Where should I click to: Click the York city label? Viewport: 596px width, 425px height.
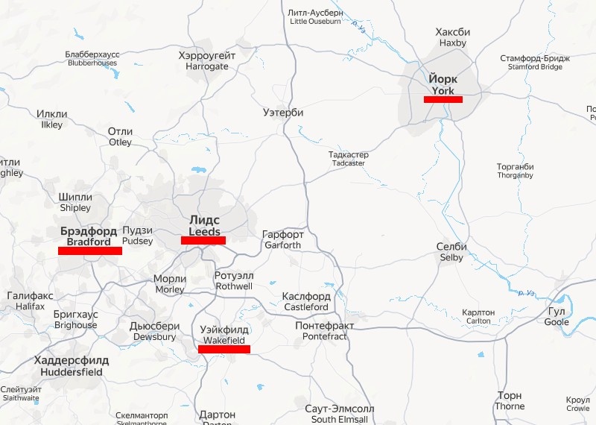[x=443, y=85]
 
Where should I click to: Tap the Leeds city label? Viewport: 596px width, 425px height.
[x=204, y=227]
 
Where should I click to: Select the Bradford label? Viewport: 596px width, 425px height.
[x=89, y=236]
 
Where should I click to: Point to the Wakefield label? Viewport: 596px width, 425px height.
[x=224, y=335]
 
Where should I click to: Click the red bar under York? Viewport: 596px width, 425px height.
[x=443, y=99]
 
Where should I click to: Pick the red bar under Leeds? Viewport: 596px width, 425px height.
[x=203, y=240]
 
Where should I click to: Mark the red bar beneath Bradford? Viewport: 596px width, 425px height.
[x=90, y=251]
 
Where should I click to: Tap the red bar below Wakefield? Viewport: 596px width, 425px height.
[x=224, y=349]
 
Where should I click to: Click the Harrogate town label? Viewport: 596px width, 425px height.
[x=207, y=61]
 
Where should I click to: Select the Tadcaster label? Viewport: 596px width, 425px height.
[x=349, y=159]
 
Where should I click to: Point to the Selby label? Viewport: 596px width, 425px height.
[x=451, y=252]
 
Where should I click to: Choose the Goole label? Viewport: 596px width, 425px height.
[x=557, y=316]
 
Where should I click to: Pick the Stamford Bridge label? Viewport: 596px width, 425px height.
[x=535, y=63]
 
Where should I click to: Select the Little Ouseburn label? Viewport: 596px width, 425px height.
[x=315, y=17]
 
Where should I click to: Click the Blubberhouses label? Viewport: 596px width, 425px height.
[x=92, y=59]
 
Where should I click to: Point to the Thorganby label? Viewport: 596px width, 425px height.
[x=516, y=171]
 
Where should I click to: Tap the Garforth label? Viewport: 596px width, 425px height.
[x=282, y=239]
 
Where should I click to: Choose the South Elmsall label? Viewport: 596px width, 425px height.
[x=340, y=414]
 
